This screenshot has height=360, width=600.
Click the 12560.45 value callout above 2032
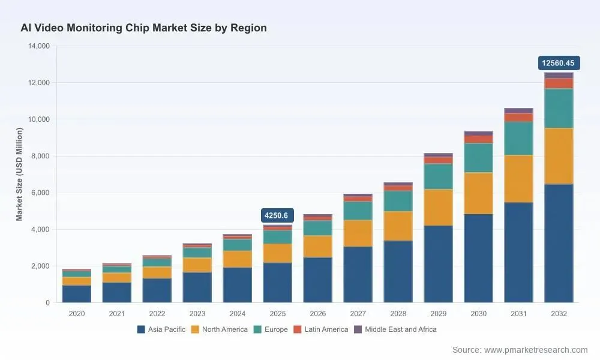(559, 63)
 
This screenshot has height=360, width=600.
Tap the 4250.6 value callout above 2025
(277, 215)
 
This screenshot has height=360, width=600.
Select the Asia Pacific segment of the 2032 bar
(559, 244)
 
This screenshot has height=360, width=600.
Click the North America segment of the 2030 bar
(478, 193)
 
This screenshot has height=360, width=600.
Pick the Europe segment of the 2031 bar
(518, 139)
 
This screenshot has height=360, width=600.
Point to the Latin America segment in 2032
(559, 83)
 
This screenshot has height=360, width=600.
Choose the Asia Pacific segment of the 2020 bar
(77, 294)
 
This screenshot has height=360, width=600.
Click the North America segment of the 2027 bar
(358, 233)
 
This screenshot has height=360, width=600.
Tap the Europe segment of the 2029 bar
(438, 177)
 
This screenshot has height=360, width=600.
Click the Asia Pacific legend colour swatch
(141, 329)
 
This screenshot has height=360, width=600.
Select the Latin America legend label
(326, 329)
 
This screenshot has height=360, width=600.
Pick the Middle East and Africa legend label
(401, 329)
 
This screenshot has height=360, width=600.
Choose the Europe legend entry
(271, 329)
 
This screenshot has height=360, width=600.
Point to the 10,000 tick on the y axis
(39, 119)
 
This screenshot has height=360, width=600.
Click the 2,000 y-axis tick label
(41, 266)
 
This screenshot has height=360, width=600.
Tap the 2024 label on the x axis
(237, 314)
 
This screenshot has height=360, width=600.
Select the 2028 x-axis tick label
(398, 314)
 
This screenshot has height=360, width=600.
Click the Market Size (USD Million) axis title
(19, 174)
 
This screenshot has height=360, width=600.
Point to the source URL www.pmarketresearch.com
(536, 350)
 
